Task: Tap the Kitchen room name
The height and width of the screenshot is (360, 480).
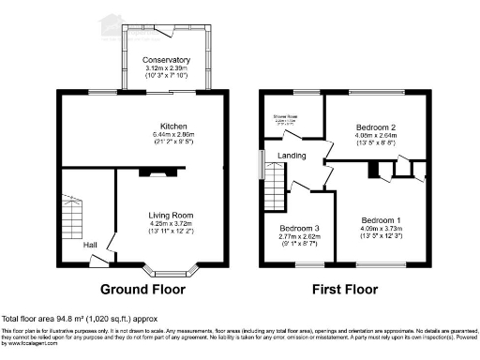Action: point(172,127)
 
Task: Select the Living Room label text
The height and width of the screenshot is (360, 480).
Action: point(172,215)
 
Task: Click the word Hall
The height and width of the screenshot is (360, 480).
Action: point(90,245)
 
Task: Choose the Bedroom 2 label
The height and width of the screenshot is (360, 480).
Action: point(379,126)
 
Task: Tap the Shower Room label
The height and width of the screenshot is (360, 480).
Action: point(286,116)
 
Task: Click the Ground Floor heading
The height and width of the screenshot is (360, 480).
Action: point(143,289)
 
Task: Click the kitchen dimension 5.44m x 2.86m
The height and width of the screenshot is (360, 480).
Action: point(172,136)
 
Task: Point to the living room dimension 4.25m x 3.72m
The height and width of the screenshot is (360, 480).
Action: point(172,224)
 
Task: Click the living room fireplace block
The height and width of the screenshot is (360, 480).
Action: point(150,172)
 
